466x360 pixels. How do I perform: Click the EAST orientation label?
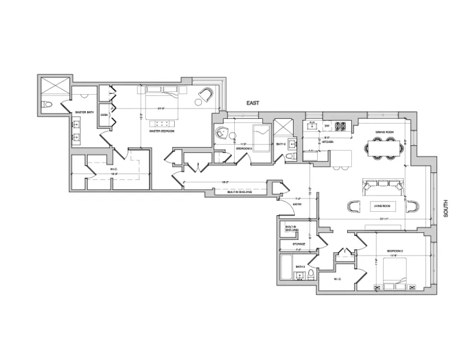252,103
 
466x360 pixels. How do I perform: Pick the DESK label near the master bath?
104,115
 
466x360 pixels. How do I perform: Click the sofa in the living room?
382,187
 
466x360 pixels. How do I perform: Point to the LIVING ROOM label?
383,206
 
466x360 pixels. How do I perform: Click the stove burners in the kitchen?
342,126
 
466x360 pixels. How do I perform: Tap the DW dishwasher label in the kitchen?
327,126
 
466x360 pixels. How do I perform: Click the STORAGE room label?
299,244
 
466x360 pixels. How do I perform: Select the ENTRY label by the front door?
297,205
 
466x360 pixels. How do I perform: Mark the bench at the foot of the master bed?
161,115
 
